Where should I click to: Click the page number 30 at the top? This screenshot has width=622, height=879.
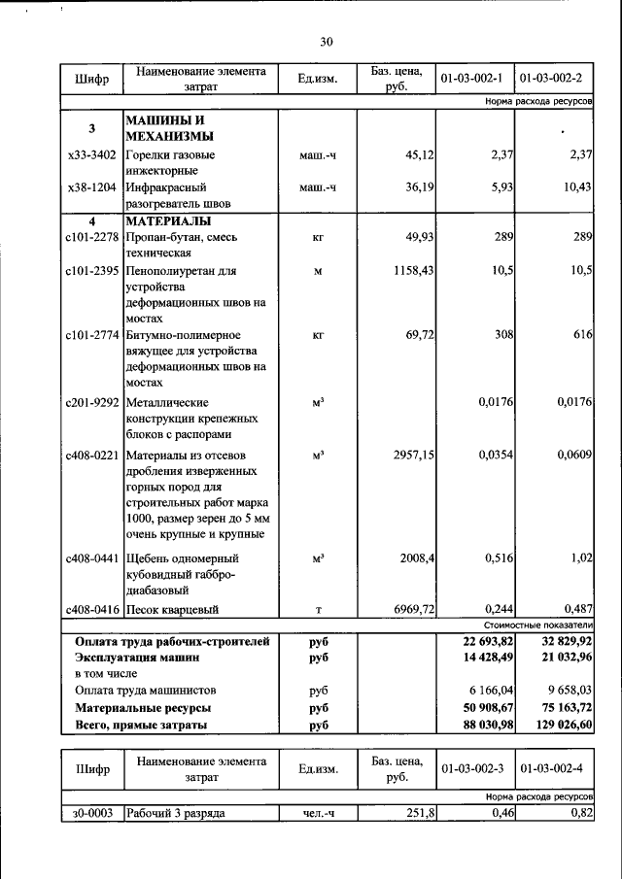[x=326, y=41]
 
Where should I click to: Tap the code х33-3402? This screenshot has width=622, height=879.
[x=92, y=154]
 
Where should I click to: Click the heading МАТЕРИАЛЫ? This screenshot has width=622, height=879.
[x=166, y=221]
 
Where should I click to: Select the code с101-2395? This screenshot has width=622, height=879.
[x=92, y=271]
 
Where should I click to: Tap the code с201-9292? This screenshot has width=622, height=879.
[x=92, y=401]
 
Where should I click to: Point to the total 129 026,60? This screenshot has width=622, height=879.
[x=557, y=725]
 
